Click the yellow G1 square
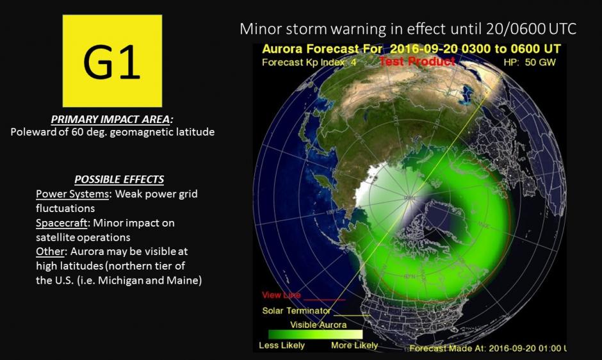tap(112, 61)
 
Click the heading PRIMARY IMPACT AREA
tap(112, 120)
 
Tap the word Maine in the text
tap(187, 281)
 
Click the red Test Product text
tap(417, 61)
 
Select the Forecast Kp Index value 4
tap(352, 63)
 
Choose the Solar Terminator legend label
tap(297, 311)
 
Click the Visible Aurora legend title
tap(318, 325)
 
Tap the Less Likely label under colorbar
tap(281, 346)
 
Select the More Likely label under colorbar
tap(354, 346)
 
